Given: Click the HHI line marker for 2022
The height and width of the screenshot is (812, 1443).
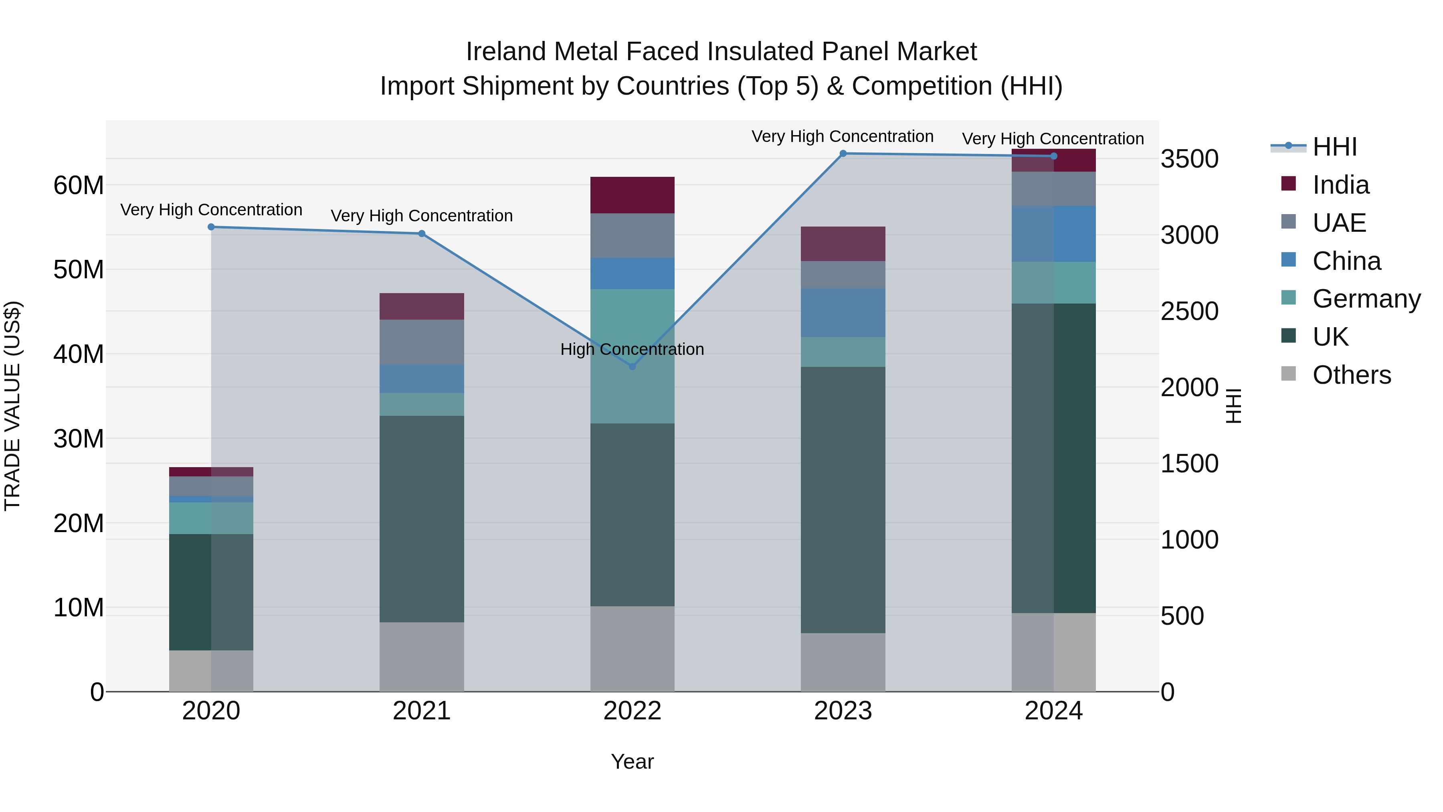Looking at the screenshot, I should pos(633,367).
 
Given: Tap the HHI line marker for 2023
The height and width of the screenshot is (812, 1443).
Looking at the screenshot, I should pos(843,154).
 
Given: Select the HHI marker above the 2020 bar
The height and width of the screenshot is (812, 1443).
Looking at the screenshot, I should pos(211,227).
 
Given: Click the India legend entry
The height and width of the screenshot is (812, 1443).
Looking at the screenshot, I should pos(1340,185).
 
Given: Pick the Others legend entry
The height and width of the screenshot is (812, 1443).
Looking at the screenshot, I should pos(1351,375).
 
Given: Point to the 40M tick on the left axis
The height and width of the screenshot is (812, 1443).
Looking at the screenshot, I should pos(79,354).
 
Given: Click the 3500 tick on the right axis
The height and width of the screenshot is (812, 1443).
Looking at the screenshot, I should pos(1189,159).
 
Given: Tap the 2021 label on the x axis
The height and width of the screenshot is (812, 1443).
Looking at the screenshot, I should pos(422,711).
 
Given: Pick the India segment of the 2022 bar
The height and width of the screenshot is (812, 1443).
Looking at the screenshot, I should pos(633,195).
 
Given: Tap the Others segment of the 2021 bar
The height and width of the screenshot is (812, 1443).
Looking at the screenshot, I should pos(422,657).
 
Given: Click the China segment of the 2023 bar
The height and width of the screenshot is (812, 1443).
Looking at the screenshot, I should pos(843,313).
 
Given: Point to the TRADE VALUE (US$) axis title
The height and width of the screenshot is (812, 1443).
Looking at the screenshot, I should pos(12,406).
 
